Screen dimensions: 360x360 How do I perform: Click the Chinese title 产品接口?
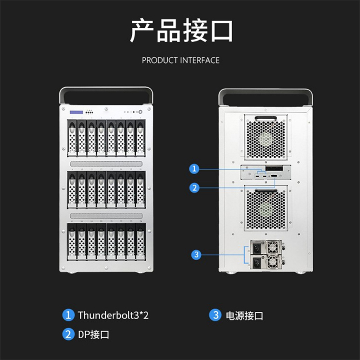pos(181,31)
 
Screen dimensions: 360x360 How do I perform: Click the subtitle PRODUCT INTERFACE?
pos(181,60)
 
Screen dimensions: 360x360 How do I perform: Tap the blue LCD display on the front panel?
pos(76,112)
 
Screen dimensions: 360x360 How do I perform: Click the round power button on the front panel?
pos(140,112)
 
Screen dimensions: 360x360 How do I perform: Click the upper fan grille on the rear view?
pos(265,138)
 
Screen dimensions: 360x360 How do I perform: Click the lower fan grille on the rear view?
pos(266,208)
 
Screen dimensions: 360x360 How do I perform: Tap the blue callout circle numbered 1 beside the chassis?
pos(194,169)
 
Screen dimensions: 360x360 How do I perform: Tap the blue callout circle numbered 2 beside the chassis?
pos(194,188)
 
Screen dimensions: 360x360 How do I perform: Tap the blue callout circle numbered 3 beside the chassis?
pos(196,255)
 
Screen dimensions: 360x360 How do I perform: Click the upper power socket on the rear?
pos(257,248)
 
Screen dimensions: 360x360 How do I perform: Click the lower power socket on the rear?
pos(257,262)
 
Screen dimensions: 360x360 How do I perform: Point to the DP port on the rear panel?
pos(274,176)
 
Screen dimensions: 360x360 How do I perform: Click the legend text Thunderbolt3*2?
pos(113,315)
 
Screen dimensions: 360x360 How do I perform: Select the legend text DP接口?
pos(94,334)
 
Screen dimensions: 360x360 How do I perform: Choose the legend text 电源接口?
pos(244,316)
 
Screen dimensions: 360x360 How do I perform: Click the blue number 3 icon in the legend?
pos(216,315)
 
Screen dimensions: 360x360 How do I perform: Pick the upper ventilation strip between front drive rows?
pos(106,164)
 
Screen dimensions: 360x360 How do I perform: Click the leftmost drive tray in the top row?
pos(72,138)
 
